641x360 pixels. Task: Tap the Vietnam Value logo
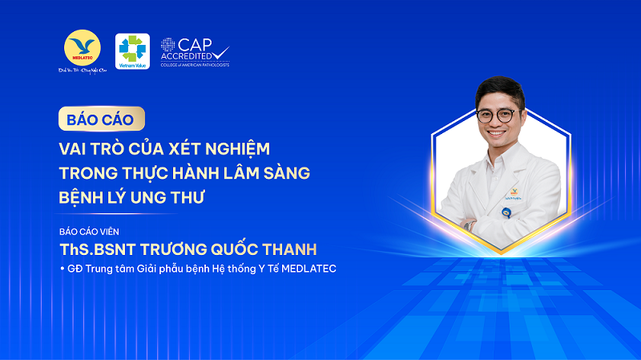[x=132, y=51]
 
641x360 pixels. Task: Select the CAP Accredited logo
[x=194, y=51]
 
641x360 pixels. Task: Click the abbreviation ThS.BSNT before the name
[x=98, y=248]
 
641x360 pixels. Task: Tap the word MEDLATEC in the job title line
[x=308, y=269]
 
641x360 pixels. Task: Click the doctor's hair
[x=497, y=89]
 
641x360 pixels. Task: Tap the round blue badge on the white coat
[x=506, y=212]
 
